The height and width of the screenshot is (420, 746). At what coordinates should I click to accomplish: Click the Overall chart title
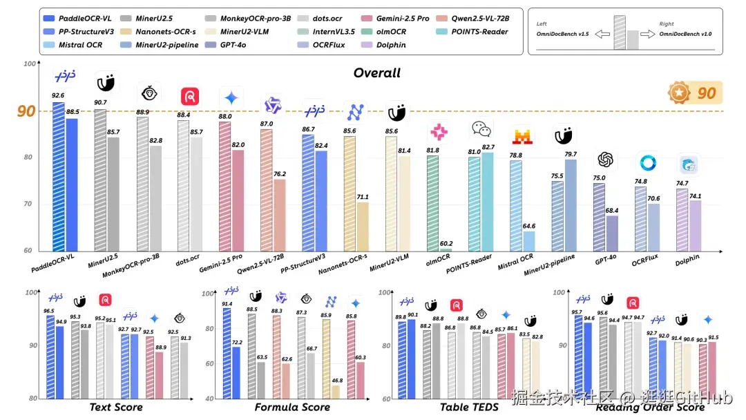[x=376, y=73]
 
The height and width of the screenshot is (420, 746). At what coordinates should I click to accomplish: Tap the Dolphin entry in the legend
[x=391, y=45]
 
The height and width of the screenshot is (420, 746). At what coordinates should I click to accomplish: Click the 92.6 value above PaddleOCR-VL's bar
[x=58, y=95]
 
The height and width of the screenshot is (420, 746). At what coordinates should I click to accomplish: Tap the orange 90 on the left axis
[x=26, y=111]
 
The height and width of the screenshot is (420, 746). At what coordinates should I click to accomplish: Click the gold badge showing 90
[x=695, y=93]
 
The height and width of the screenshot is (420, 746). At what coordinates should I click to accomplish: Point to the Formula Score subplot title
[x=292, y=407]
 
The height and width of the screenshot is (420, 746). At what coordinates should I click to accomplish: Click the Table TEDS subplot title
[x=469, y=407]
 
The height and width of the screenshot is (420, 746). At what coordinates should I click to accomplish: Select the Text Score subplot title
[x=116, y=407]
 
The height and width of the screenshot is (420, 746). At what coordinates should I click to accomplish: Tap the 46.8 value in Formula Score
[x=336, y=380]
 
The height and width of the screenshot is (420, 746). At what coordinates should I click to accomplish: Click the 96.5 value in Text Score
[x=49, y=312]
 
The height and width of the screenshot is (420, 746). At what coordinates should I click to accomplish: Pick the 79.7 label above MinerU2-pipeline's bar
[x=571, y=154]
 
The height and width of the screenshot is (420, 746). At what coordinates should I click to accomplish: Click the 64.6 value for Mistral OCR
[x=529, y=225]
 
